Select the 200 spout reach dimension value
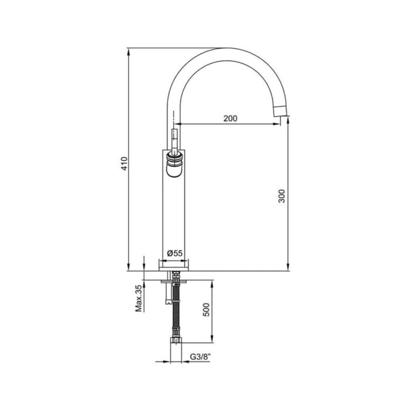click(230, 118)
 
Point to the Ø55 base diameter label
click(174, 252)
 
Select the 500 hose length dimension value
click(206, 309)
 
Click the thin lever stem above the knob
click(173, 139)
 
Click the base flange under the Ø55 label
click(173, 265)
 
